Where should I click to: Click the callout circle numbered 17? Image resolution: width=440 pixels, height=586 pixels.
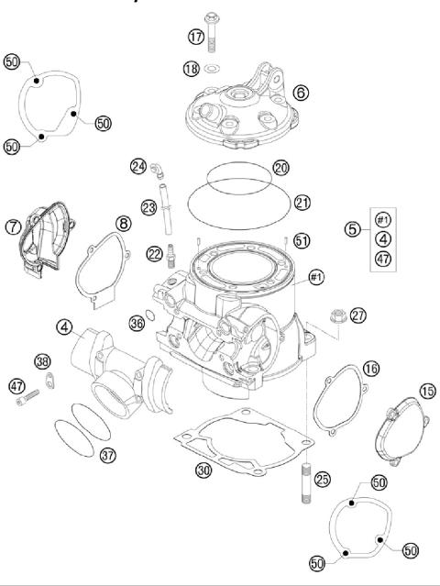coord(195,37)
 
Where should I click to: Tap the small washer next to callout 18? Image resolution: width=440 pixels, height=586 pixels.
coord(213,69)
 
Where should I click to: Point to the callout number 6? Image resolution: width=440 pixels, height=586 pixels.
coord(301,92)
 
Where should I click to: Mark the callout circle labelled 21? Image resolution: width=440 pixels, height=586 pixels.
coord(302,201)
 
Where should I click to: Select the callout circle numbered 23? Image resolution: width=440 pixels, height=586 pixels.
coord(148,207)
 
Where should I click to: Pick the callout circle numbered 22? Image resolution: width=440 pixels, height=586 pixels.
coord(154,253)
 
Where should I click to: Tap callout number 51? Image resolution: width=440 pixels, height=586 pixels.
coord(302,240)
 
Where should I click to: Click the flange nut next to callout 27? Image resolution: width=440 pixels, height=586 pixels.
coord(334,316)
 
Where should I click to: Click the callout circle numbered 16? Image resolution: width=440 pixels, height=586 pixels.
coord(369,368)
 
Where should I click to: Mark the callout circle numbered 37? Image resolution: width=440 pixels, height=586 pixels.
coord(107,455)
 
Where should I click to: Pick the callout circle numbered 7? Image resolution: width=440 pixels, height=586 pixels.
coord(13,227)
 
